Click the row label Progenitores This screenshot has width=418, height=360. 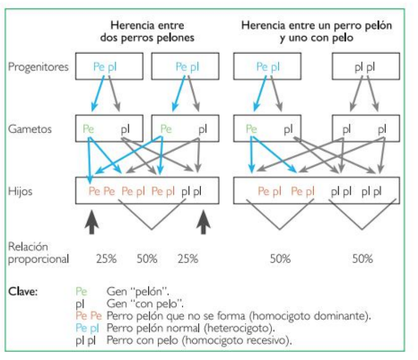point(39,66)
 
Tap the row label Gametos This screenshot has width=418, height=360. point(30,129)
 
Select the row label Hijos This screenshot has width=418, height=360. point(20,191)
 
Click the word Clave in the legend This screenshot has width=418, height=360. point(23,291)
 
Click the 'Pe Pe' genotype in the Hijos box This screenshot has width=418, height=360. point(101,191)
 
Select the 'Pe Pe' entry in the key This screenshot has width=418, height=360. point(89,316)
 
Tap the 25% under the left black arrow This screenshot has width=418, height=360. point(106,259)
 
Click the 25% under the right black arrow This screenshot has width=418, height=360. point(187,259)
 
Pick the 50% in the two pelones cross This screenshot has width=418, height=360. point(147,259)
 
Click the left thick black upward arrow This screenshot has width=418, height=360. point(91,222)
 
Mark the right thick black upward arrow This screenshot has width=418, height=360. point(204,222)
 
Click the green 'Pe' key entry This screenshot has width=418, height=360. point(82,291)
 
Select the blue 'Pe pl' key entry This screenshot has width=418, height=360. point(87,329)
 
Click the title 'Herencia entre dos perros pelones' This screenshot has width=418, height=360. point(147,31)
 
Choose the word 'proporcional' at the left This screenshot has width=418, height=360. point(39,259)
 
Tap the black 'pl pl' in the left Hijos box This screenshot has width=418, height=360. point(191,191)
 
